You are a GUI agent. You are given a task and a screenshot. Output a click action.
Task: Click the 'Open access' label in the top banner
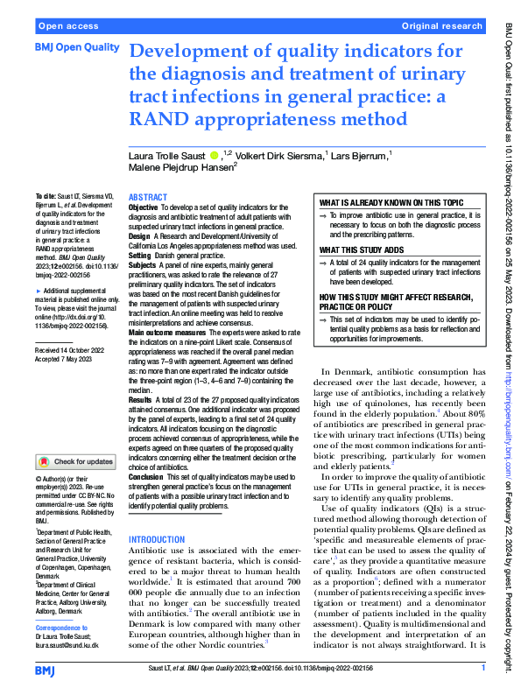coord(67,26)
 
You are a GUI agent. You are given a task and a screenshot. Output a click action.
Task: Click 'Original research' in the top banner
coord(441,26)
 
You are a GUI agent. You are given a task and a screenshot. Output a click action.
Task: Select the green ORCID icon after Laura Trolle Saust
coord(215,154)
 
